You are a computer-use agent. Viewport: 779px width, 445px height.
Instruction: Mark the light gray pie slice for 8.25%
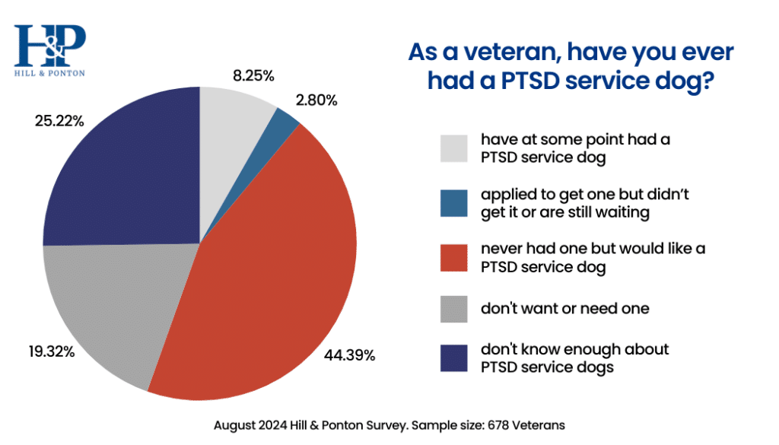pos(232,114)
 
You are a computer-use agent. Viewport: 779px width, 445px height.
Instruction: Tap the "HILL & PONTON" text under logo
pos(49,73)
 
